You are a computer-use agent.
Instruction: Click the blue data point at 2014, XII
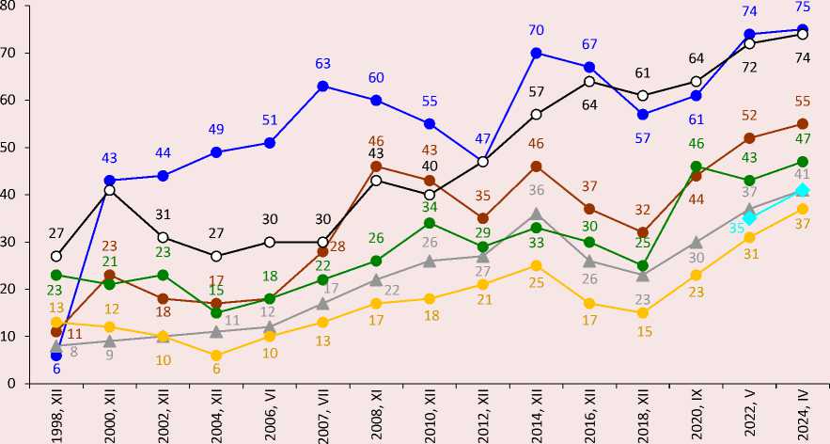click(536, 53)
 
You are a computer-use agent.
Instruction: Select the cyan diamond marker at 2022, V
click(750, 217)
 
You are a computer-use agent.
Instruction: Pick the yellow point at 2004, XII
click(216, 355)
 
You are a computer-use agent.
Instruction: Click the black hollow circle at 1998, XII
click(56, 256)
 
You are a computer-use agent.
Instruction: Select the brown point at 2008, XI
click(376, 166)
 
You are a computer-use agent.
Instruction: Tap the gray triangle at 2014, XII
click(536, 214)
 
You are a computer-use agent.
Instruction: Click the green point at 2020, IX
click(697, 166)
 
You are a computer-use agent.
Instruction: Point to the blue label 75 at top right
click(803, 8)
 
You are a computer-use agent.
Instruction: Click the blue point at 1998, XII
click(56, 355)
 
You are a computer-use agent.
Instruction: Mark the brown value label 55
click(803, 102)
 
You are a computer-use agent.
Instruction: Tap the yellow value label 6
click(216, 371)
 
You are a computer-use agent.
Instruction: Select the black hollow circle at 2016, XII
click(589, 81)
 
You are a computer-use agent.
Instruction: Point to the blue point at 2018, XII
click(643, 114)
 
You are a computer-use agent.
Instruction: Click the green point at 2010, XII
click(430, 223)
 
